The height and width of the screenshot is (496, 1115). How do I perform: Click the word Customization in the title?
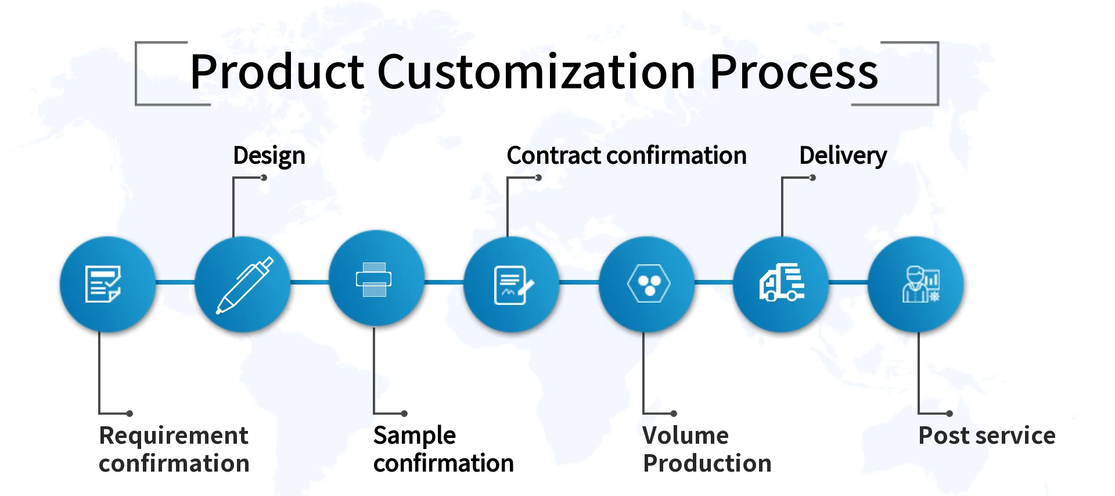click(x=537, y=72)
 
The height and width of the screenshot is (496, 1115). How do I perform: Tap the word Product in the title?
click(x=277, y=72)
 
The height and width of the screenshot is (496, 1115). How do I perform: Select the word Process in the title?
click(x=793, y=72)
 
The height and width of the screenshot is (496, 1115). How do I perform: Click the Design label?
click(x=269, y=156)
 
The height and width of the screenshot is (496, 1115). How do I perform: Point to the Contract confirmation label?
click(x=626, y=156)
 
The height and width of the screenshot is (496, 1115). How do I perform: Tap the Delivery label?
click(x=843, y=156)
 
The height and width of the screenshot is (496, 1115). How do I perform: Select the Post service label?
click(x=987, y=436)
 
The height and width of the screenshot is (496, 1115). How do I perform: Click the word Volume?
click(x=685, y=436)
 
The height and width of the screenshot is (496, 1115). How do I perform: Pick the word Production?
click(x=707, y=463)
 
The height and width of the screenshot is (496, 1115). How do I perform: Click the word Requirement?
click(x=174, y=436)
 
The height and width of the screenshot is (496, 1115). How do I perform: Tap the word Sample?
click(x=415, y=436)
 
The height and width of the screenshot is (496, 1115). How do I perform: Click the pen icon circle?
click(x=243, y=285)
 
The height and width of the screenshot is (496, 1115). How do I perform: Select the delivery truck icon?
click(x=782, y=283)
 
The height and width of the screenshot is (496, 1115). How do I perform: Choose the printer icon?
click(x=373, y=279)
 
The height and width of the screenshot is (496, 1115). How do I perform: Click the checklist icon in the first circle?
click(x=103, y=284)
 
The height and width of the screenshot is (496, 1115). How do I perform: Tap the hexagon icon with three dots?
click(x=648, y=283)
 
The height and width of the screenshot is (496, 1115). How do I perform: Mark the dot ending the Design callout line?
click(x=264, y=178)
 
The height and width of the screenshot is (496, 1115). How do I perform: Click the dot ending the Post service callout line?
click(x=949, y=414)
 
